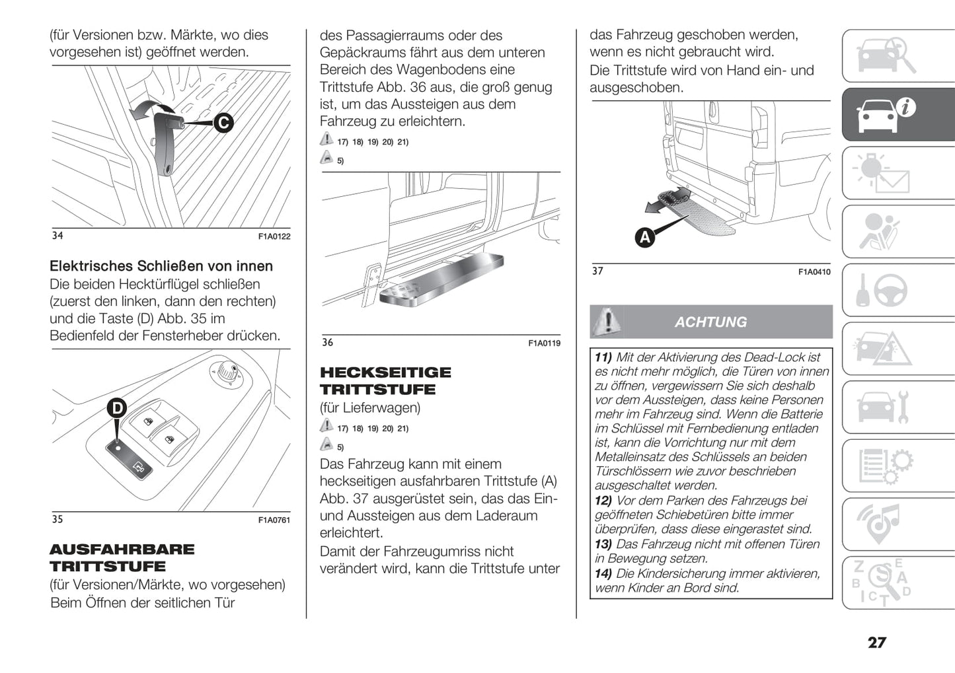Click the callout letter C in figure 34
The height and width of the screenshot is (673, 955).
[x=223, y=123]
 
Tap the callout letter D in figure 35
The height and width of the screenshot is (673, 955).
[x=117, y=408]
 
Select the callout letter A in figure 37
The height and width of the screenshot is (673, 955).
[x=644, y=236]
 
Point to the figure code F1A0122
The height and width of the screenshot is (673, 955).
[x=274, y=236]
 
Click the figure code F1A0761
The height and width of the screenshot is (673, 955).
[x=274, y=520]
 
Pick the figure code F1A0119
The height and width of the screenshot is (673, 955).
[x=544, y=343]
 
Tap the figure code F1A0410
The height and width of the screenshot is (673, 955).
[x=814, y=272]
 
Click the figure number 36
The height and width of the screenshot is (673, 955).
[x=328, y=342]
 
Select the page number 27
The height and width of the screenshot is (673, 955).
[x=876, y=643]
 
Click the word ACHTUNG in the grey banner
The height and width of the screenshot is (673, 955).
[x=710, y=322]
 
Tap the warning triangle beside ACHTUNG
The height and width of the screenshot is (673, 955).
[x=607, y=322]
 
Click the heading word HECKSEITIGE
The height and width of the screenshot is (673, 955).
[x=385, y=372]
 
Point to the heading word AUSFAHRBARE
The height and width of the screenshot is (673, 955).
[x=122, y=549]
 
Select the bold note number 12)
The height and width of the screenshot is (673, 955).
[x=603, y=501]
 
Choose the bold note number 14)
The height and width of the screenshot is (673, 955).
[x=603, y=574]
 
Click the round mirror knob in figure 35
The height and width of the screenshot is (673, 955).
[x=227, y=372]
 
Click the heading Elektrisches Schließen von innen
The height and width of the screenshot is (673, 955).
[x=161, y=266]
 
